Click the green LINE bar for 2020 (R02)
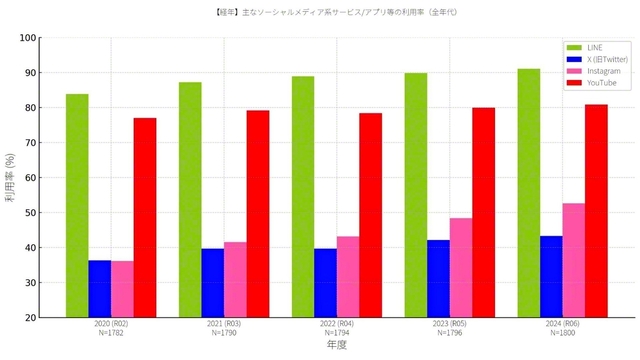point(77,205)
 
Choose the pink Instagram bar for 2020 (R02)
point(122,289)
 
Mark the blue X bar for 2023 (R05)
point(438,278)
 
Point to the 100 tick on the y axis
point(28,38)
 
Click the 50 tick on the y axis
point(30,213)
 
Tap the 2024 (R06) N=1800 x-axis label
point(563,329)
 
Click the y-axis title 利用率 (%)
point(10,178)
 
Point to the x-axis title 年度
point(337,345)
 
